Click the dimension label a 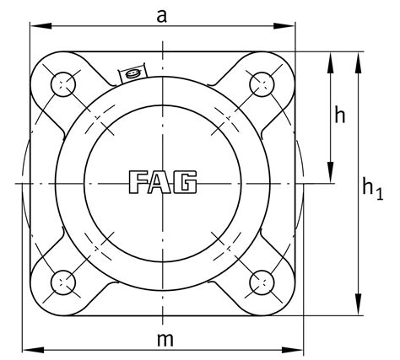coord(161,17)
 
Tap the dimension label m coord(165,340)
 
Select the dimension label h coord(340,115)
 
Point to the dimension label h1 coord(373,188)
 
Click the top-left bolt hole coord(63,84)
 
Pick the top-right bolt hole coord(262,84)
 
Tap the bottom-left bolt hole coord(63,282)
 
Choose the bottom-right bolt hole coord(262,282)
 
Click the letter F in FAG coord(138,182)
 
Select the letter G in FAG coord(185,182)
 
